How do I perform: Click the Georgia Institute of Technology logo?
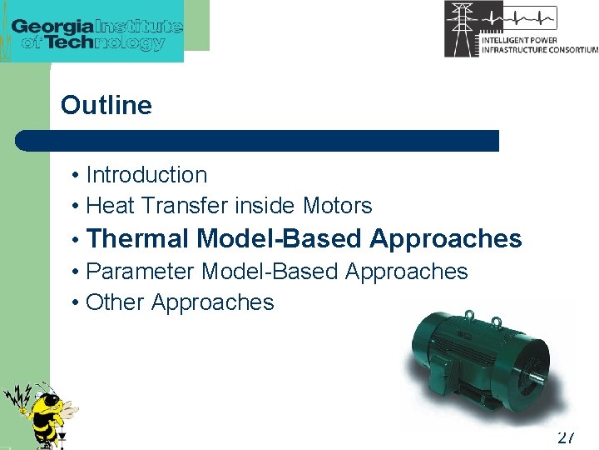point(97,32)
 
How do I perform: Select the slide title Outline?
point(106,106)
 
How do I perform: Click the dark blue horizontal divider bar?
point(258,140)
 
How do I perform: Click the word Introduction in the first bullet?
point(146,175)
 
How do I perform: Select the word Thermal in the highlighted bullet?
point(138,239)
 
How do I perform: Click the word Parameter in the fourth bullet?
point(141,272)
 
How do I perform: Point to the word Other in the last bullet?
point(115,302)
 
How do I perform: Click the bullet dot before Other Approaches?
point(75,303)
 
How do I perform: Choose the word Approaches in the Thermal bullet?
point(446,239)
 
